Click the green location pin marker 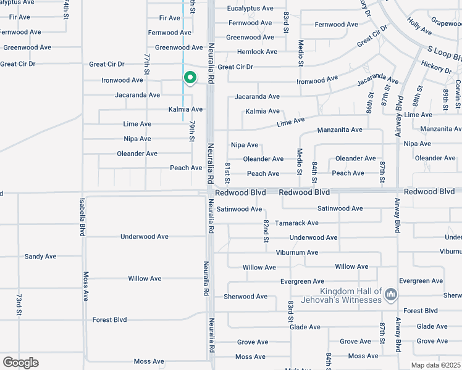coord(190,78)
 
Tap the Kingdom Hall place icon coord(390,295)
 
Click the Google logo coord(20,363)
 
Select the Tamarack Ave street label coord(296,223)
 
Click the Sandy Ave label coord(40,256)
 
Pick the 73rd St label coord(19,305)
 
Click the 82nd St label coord(266,231)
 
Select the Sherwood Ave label coord(245,297)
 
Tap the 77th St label coord(147,65)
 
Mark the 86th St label coord(368,99)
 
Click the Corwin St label coord(458,89)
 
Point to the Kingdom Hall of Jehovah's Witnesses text coord(350,296)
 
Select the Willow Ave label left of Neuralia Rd coord(145,279)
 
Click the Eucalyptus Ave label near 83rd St coord(250,9)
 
